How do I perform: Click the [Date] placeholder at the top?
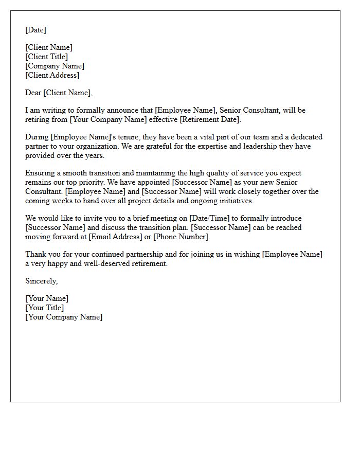(x=35, y=30)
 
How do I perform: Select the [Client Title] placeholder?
(x=46, y=57)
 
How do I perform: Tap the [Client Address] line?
(x=52, y=75)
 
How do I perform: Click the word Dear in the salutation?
(x=33, y=93)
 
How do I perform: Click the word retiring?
(x=38, y=119)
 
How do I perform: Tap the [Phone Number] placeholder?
(x=181, y=237)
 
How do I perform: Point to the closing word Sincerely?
(x=41, y=281)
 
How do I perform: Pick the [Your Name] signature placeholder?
(x=47, y=298)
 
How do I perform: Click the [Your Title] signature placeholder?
(x=45, y=308)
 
